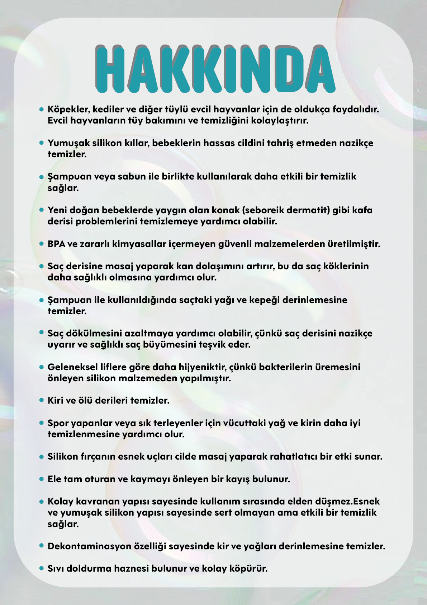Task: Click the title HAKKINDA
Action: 215,68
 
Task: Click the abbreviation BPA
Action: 57,244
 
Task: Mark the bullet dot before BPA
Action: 41,243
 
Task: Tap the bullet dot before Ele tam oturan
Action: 41,479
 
